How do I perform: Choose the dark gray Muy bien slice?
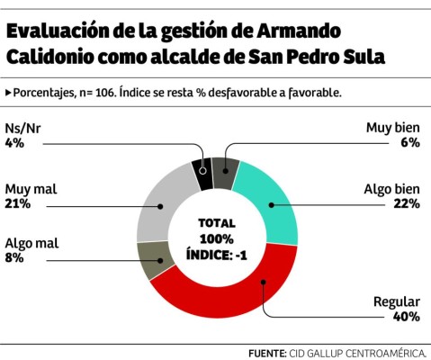tap(227, 170)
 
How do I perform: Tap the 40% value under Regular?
tap(407, 316)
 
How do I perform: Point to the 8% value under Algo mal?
tap(14, 258)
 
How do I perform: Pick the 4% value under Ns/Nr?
tap(14, 142)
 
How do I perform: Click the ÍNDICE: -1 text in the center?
tap(216, 255)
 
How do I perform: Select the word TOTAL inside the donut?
tap(216, 222)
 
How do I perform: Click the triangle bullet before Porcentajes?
tap(8, 93)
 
